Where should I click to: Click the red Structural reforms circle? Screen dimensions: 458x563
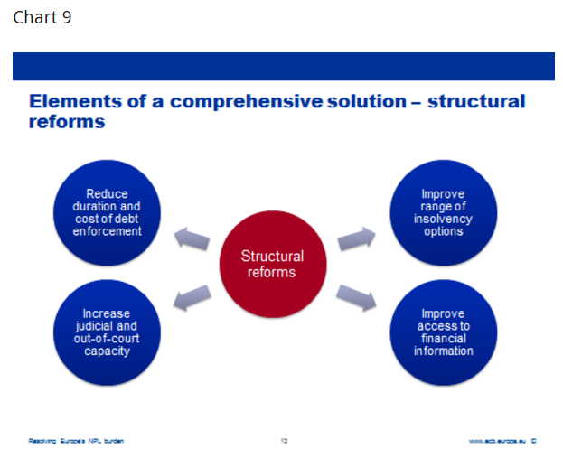272,264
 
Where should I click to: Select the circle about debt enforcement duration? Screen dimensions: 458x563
107,213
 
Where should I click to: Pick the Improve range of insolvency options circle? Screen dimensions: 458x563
443,213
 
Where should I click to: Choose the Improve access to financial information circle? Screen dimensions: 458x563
443,332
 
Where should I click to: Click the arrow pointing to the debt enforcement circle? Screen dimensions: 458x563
192,238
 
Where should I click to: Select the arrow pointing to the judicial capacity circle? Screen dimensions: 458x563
192,297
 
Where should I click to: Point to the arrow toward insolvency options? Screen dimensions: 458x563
356,238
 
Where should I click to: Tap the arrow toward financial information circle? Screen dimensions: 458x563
356,297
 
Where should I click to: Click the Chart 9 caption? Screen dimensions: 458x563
42,18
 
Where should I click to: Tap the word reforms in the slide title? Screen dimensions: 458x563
66,121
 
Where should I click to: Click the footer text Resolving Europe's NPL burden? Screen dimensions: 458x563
76,441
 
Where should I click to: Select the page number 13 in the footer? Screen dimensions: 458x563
284,441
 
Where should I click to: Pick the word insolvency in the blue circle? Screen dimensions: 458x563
443,219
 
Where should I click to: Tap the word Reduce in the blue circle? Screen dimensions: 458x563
107,193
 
